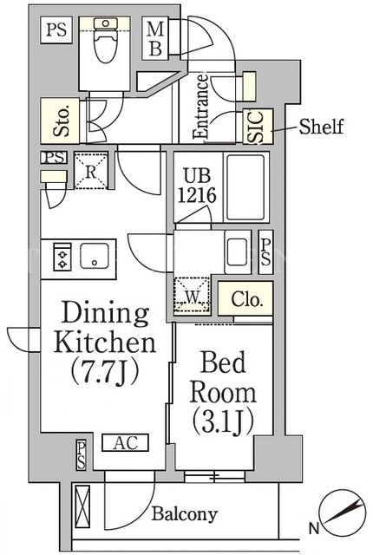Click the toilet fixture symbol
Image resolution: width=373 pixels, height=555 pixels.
pos(106,40)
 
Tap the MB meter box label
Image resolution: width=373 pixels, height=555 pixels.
pos(155,38)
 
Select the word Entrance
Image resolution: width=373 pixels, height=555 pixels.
pos(201,106)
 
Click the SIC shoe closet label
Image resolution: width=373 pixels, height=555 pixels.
pos(258,127)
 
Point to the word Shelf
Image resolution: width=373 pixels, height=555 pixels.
pos(321,127)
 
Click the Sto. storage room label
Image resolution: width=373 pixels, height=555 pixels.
pos(62,121)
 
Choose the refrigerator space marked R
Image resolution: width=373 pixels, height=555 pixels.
pos(90,171)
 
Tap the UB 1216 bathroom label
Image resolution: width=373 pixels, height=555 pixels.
pos(196,185)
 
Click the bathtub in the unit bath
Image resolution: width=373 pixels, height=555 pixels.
pos(245,187)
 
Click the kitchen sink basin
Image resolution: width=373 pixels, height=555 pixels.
pos(95,256)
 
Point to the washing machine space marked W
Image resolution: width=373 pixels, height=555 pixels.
pos(192,295)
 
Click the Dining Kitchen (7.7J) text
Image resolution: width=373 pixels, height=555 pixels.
pos(105,343)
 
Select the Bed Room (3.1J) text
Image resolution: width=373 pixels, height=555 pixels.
pos(223,392)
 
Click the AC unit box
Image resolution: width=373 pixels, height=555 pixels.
pos(125,442)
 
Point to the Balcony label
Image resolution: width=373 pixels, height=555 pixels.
pos(185,514)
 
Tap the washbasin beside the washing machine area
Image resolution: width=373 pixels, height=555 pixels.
pos(237,252)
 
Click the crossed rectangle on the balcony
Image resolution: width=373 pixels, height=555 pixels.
pos(81,506)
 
